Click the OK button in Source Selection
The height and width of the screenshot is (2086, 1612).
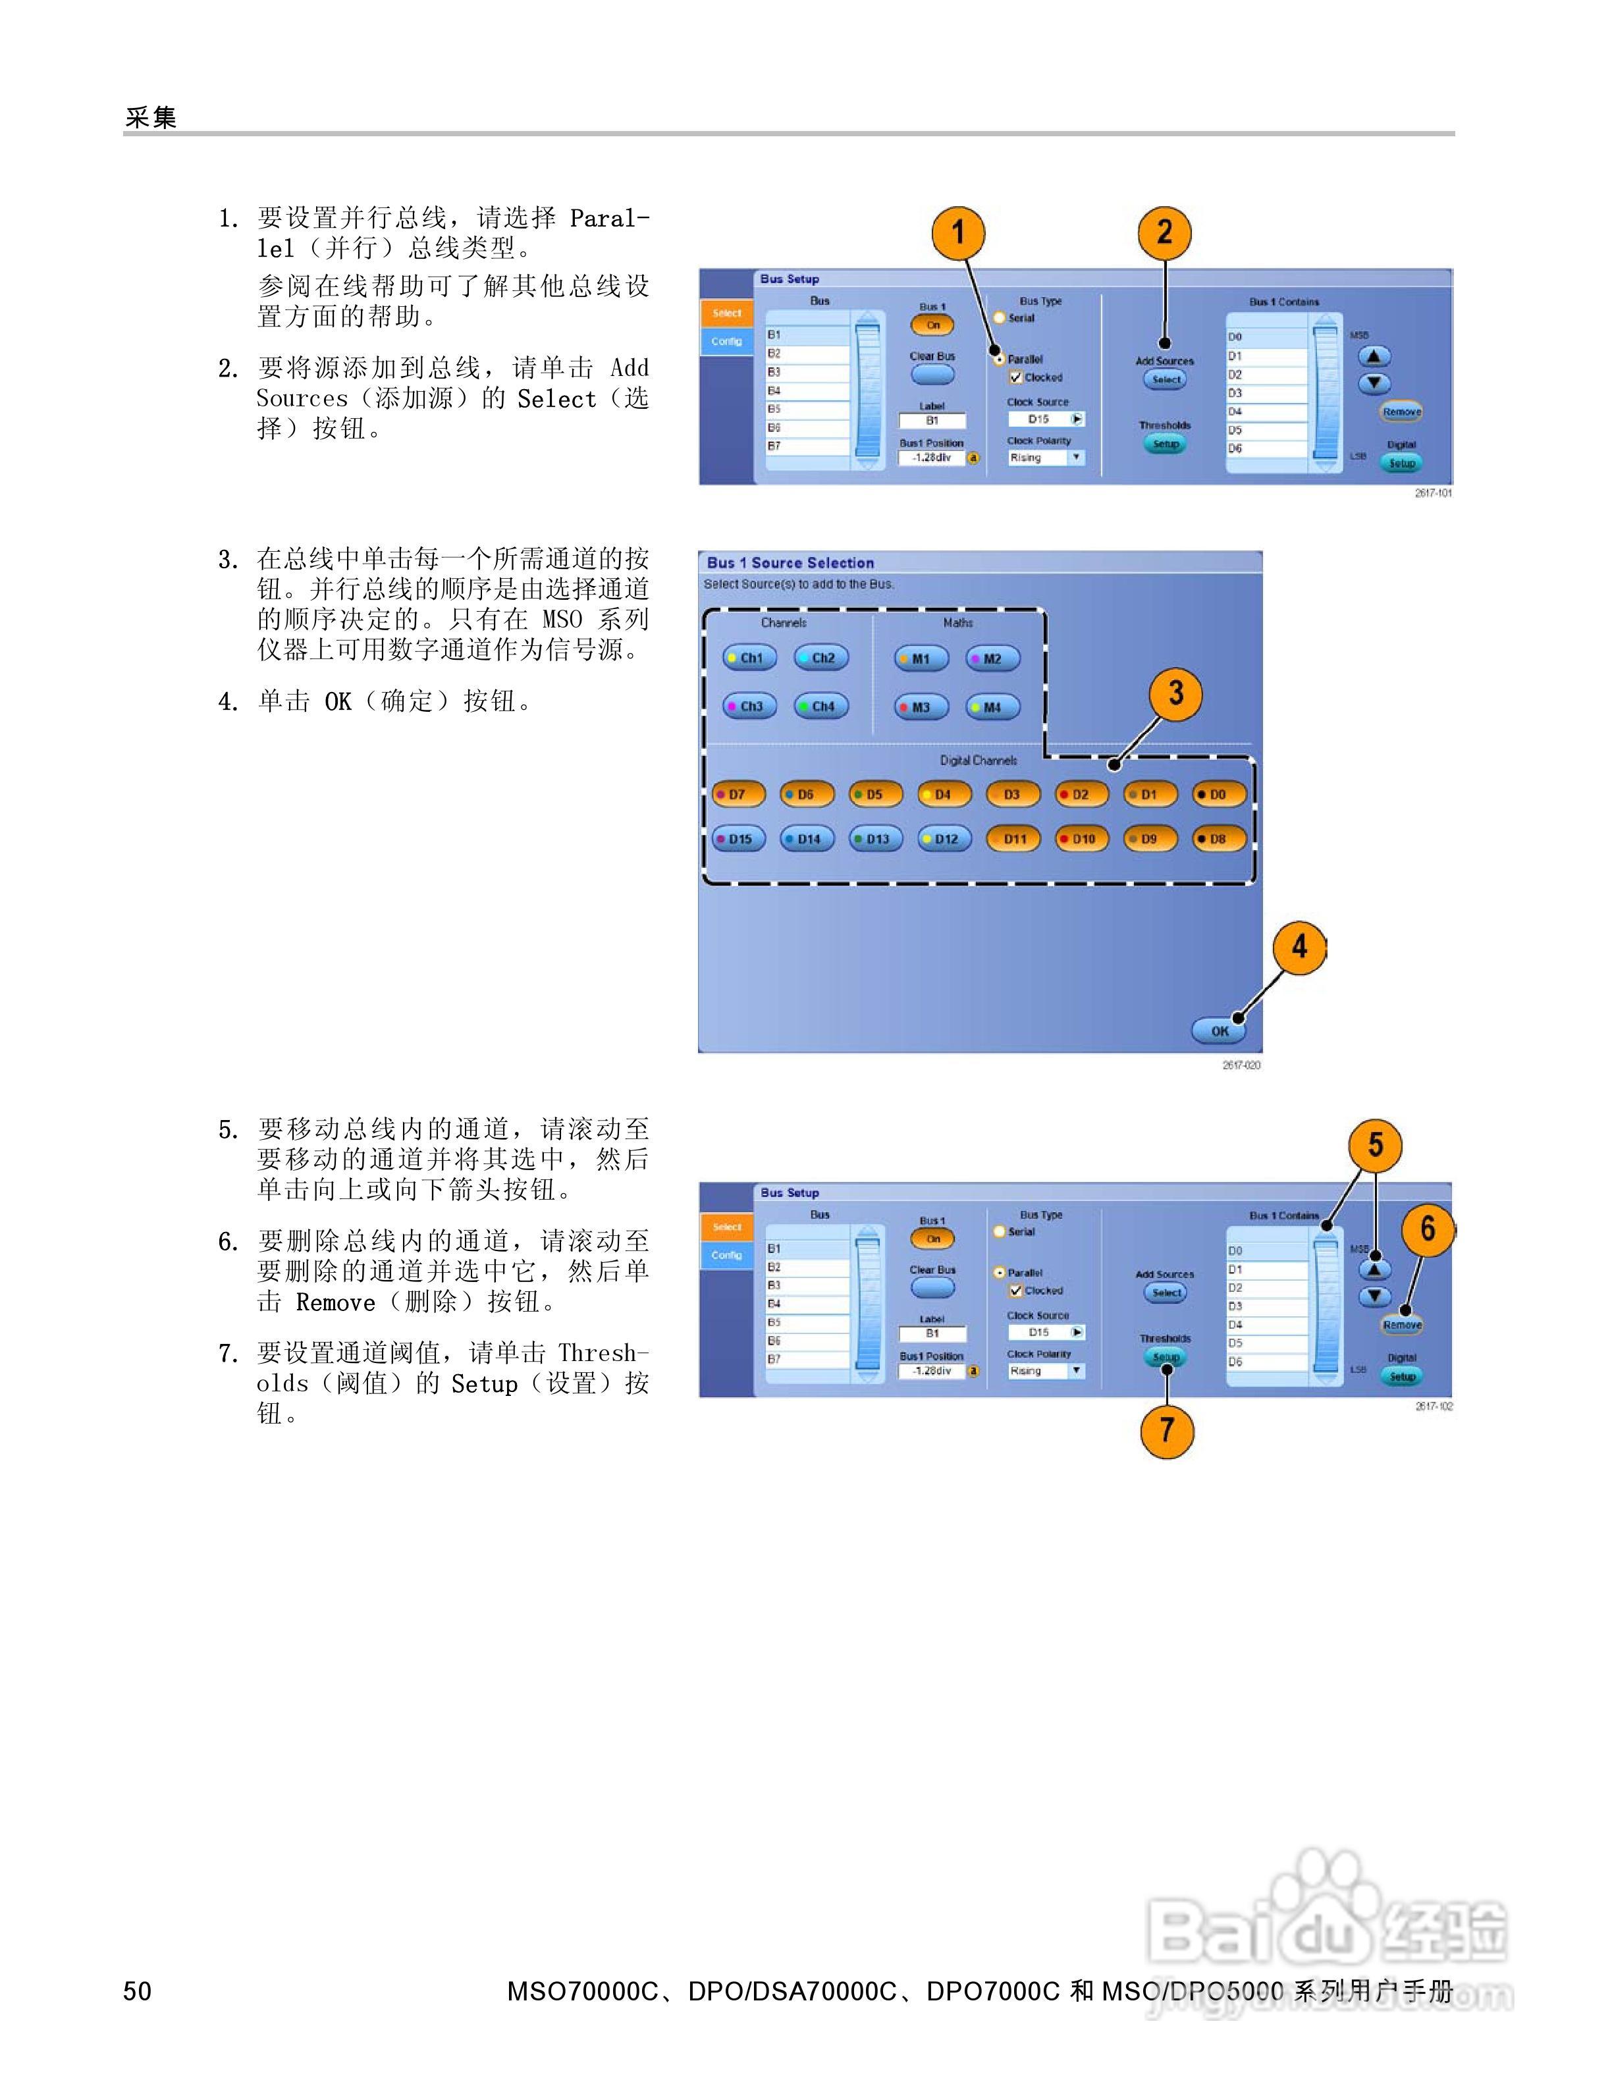1219,1030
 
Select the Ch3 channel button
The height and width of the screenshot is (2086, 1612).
749,707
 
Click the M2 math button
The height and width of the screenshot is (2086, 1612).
992,658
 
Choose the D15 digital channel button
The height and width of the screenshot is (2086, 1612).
738,839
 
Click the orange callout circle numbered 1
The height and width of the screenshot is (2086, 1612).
959,232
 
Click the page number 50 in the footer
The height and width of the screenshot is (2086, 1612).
138,1991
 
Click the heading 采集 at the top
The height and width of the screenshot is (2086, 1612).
151,117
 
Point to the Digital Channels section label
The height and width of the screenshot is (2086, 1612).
978,761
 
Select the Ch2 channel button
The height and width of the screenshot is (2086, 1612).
821,658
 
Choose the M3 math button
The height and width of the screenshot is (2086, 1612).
921,707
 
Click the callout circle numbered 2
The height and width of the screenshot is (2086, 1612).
1164,232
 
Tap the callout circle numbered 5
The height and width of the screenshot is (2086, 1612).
1375,1144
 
